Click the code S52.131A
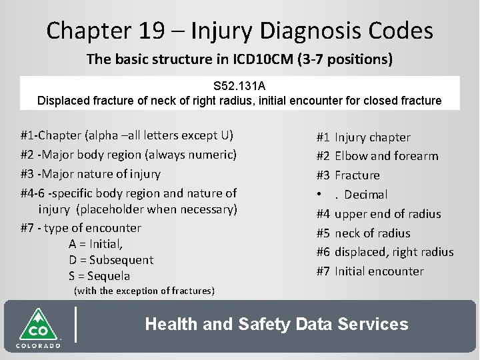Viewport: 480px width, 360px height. point(239,87)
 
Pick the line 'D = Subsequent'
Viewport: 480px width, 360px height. point(111,259)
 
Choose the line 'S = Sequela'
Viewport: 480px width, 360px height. point(99,276)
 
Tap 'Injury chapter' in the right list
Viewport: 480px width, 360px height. point(372,137)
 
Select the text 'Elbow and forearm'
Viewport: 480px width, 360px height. point(386,156)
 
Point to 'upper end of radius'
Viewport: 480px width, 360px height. point(387,214)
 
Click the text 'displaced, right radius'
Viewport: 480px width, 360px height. point(393,252)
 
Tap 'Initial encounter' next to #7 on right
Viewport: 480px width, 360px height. point(379,271)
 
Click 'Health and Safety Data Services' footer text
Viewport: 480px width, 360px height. point(276,325)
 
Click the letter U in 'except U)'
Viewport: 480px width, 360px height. point(225,137)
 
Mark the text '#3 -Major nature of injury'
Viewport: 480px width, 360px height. point(91,175)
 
